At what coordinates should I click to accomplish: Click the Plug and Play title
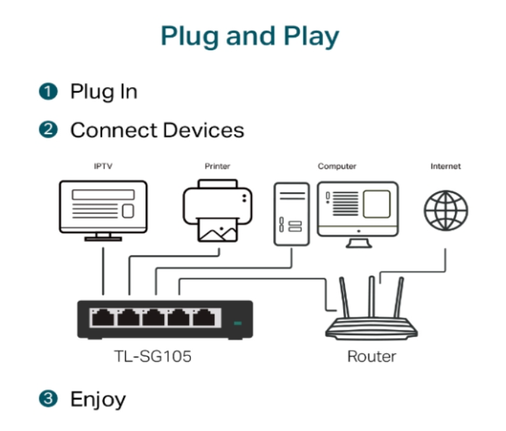pyautogui.click(x=250, y=36)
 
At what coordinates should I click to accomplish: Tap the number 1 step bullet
pyautogui.click(x=48, y=91)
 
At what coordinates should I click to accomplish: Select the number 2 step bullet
pyautogui.click(x=48, y=130)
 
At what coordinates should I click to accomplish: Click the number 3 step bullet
pyautogui.click(x=48, y=398)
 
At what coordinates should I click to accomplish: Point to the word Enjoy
pyautogui.click(x=98, y=399)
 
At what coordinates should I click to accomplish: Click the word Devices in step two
pyautogui.click(x=204, y=130)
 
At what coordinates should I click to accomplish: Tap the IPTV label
pyautogui.click(x=103, y=166)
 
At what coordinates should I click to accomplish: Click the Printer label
pyautogui.click(x=217, y=166)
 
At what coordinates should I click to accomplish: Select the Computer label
pyautogui.click(x=337, y=166)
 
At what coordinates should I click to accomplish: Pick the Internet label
pyautogui.click(x=446, y=166)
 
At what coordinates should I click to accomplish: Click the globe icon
pyautogui.click(x=446, y=210)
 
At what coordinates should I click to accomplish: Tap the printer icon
pyautogui.click(x=218, y=210)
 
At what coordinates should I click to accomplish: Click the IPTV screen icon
pyautogui.click(x=103, y=210)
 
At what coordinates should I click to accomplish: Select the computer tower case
pyautogui.click(x=292, y=214)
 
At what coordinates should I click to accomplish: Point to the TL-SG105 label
pyautogui.click(x=153, y=357)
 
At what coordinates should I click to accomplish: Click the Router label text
pyautogui.click(x=372, y=357)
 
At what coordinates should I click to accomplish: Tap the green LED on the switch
pyautogui.click(x=237, y=323)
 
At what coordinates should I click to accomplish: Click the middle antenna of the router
pyautogui.click(x=372, y=297)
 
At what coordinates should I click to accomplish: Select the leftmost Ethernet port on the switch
pyautogui.click(x=103, y=317)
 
